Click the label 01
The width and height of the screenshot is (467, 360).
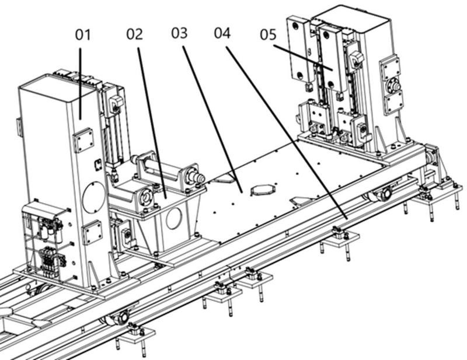click(x=82, y=35)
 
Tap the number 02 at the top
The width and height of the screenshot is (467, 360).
click(x=134, y=34)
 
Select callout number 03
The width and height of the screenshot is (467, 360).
click(x=179, y=33)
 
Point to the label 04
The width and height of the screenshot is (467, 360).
click(x=222, y=33)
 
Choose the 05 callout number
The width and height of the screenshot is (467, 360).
click(x=269, y=34)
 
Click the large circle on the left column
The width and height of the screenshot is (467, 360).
click(x=93, y=197)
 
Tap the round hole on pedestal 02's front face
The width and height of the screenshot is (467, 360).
click(x=174, y=218)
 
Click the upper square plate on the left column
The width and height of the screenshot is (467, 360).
click(x=83, y=140)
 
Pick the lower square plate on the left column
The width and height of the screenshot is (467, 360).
click(x=92, y=233)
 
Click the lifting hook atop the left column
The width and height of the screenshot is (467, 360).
click(x=116, y=103)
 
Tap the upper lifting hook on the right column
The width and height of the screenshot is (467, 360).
click(x=356, y=58)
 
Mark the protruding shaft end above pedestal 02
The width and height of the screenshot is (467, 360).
click(x=198, y=178)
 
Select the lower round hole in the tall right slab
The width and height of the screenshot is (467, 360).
click(x=301, y=75)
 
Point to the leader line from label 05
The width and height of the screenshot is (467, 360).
click(x=303, y=57)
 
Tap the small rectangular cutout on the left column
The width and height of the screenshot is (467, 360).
click(x=97, y=165)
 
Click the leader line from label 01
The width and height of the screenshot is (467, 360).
click(x=80, y=84)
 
